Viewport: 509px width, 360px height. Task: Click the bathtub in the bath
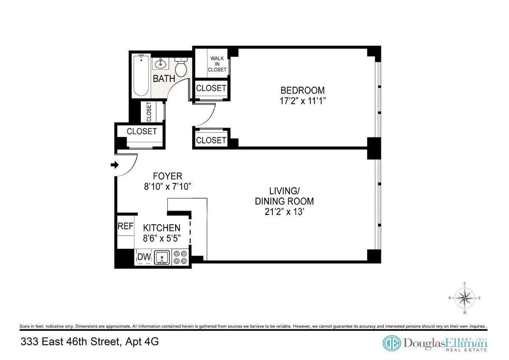click(x=141, y=76)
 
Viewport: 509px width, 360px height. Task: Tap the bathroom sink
click(x=161, y=65)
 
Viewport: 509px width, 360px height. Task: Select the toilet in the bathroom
click(x=181, y=68)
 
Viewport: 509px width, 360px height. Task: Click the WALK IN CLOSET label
click(x=217, y=64)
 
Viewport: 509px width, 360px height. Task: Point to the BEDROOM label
click(x=302, y=90)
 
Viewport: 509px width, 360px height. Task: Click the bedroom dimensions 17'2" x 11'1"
click(x=302, y=101)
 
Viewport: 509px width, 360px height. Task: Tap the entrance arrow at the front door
click(x=115, y=165)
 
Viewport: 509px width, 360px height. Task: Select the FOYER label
click(x=168, y=176)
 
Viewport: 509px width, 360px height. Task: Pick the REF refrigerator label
click(x=125, y=226)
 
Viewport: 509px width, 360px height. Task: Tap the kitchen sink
click(x=162, y=257)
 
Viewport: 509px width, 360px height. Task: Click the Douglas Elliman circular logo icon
click(x=392, y=343)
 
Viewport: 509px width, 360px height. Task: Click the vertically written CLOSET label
click(x=149, y=112)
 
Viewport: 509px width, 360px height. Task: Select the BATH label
click(x=164, y=79)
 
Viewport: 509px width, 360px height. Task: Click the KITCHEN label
click(x=161, y=228)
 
